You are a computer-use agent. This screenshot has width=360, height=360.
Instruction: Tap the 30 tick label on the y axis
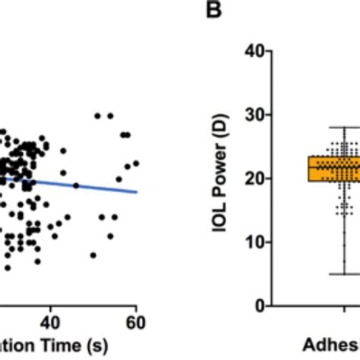click(253, 114)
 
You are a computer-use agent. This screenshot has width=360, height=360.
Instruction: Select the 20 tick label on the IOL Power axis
click(253, 178)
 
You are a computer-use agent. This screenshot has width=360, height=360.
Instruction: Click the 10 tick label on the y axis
click(253, 242)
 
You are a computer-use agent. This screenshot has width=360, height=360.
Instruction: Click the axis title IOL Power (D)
click(218, 178)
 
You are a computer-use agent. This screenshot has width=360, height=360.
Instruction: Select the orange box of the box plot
click(296, 169)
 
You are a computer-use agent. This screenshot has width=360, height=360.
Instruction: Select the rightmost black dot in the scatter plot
click(137, 163)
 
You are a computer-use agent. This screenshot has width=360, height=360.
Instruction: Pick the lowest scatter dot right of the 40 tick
click(93, 255)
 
